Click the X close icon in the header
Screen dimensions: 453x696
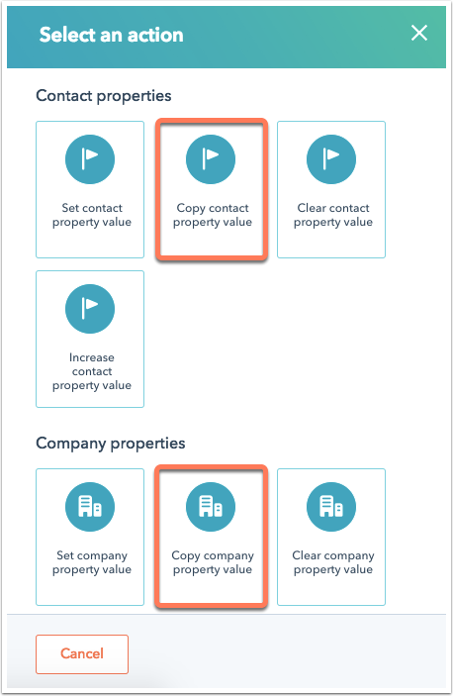coord(418,33)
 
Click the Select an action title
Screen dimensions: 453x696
coord(111,35)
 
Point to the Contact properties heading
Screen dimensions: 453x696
coord(103,96)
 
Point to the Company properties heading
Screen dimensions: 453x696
coord(111,444)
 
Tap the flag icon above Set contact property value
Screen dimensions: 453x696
coord(90,159)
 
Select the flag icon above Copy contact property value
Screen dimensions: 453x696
coord(211,159)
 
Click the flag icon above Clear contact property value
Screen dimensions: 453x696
coord(331,159)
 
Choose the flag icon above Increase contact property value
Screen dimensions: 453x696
coord(90,309)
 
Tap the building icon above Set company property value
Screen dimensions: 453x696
coord(90,507)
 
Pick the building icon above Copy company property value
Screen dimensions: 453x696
coord(211,507)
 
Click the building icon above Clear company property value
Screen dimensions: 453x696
coord(331,507)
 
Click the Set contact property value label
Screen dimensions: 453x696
coord(92,215)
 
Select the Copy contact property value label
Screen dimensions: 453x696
coord(213,215)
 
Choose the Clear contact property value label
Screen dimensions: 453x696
coord(333,215)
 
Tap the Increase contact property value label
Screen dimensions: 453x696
coord(92,371)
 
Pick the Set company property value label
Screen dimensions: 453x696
coord(92,562)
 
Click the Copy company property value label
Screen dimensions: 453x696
coord(213,562)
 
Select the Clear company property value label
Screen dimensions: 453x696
coord(333,562)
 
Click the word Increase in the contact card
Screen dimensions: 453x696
coord(92,357)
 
